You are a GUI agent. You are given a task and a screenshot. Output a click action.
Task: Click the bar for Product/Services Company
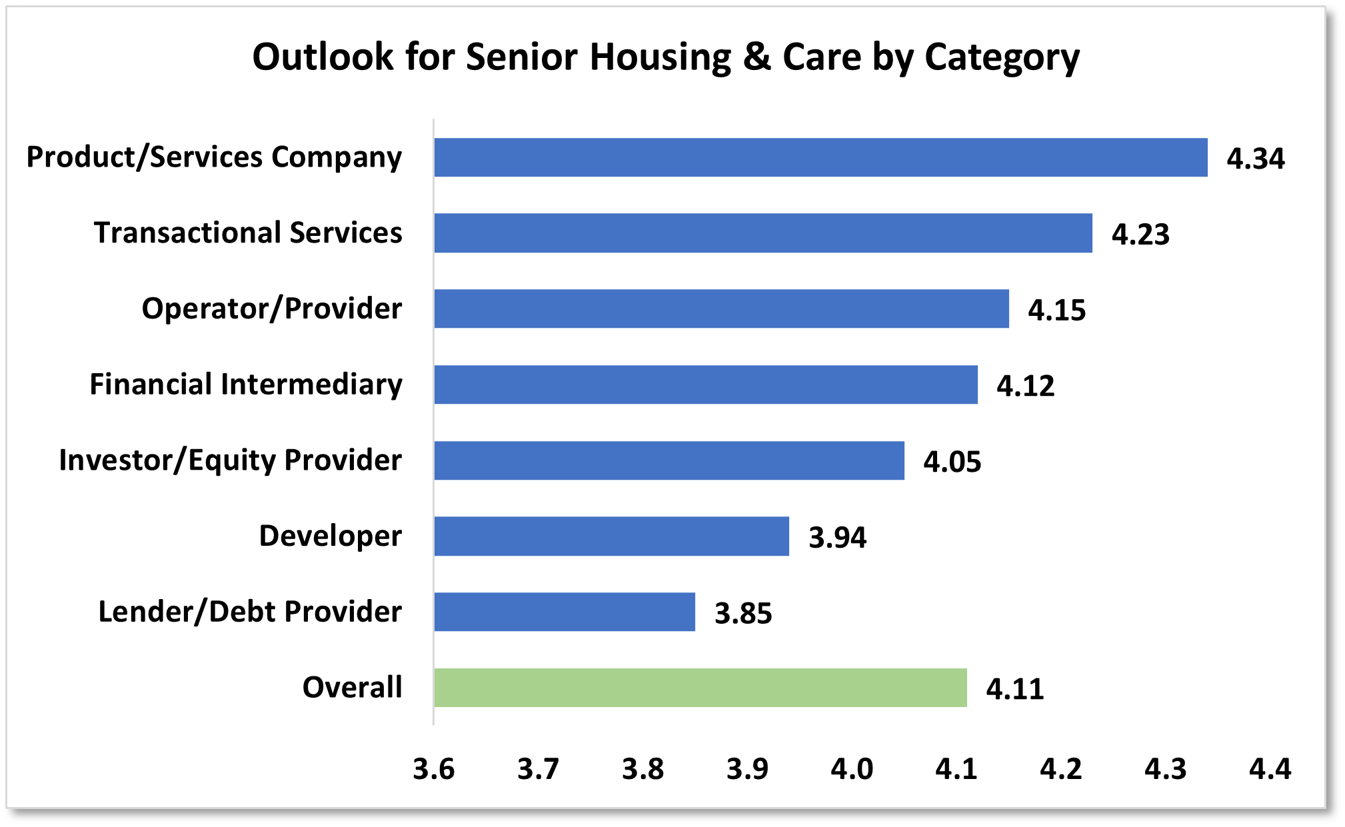[x=820, y=157]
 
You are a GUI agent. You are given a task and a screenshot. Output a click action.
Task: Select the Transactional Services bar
[x=763, y=233]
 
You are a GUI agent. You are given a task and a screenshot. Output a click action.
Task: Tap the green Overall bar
[x=700, y=688]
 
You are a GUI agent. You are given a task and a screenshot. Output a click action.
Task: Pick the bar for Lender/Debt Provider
[x=565, y=612]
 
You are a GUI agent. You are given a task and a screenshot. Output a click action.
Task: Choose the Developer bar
[x=611, y=536]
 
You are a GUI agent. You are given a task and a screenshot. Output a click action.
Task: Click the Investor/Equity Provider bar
[x=669, y=460]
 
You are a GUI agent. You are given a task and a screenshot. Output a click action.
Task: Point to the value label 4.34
[x=1256, y=159]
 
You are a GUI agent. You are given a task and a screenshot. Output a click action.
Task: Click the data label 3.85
[x=743, y=613]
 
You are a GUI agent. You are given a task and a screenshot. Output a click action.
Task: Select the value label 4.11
[x=1015, y=689]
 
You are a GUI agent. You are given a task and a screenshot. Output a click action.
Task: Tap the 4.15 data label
[x=1057, y=311]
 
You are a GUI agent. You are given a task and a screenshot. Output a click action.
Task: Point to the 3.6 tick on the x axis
[x=434, y=769]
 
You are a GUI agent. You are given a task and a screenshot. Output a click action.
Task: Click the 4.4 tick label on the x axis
[x=1270, y=769]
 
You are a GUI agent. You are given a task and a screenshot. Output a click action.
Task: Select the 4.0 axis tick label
[x=852, y=769]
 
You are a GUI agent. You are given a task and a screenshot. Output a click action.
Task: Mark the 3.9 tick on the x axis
[x=747, y=769]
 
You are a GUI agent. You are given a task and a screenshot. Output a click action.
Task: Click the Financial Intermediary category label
[x=246, y=385]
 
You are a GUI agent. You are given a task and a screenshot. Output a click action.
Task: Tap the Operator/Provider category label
[x=272, y=309]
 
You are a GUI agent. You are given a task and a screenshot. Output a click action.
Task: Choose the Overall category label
[x=353, y=687]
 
